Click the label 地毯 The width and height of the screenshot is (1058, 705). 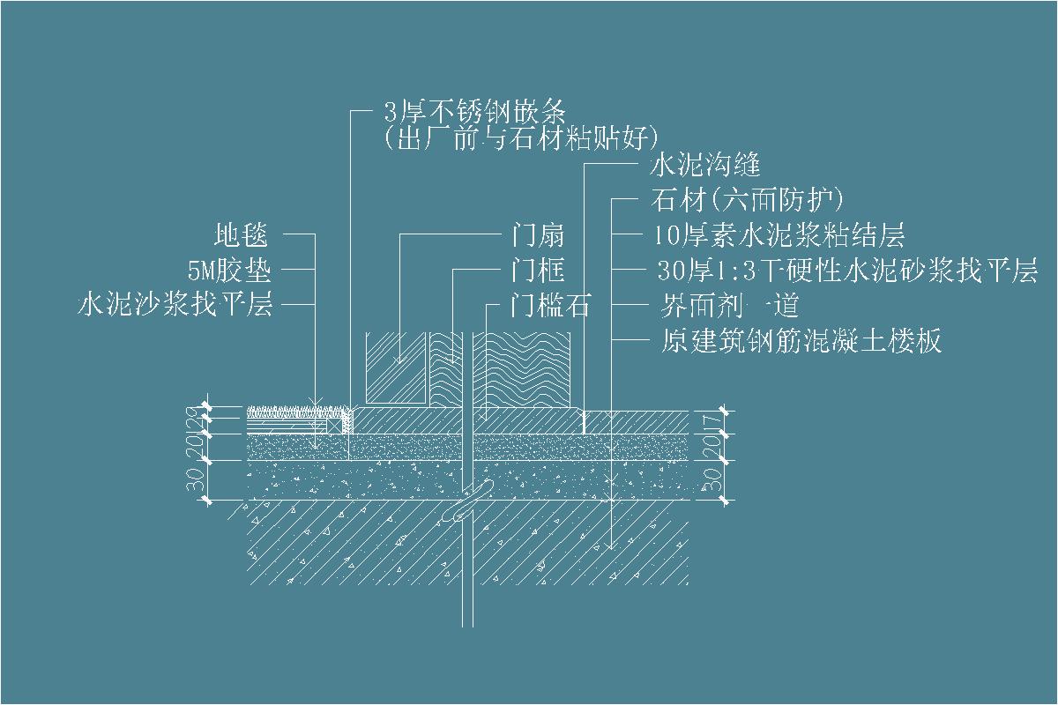241,235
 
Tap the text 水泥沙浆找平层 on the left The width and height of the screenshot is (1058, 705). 175,305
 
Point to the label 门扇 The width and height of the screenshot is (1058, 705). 538,235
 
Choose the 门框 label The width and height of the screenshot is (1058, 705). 538,270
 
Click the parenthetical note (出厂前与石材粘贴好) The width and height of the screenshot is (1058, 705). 522,137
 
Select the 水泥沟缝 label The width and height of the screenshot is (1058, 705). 704,165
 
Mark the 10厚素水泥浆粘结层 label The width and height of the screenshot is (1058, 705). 780,235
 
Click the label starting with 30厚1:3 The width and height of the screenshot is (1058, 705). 846,271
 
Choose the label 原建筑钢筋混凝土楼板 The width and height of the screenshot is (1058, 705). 801,340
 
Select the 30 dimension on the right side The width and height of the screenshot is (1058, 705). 715,480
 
